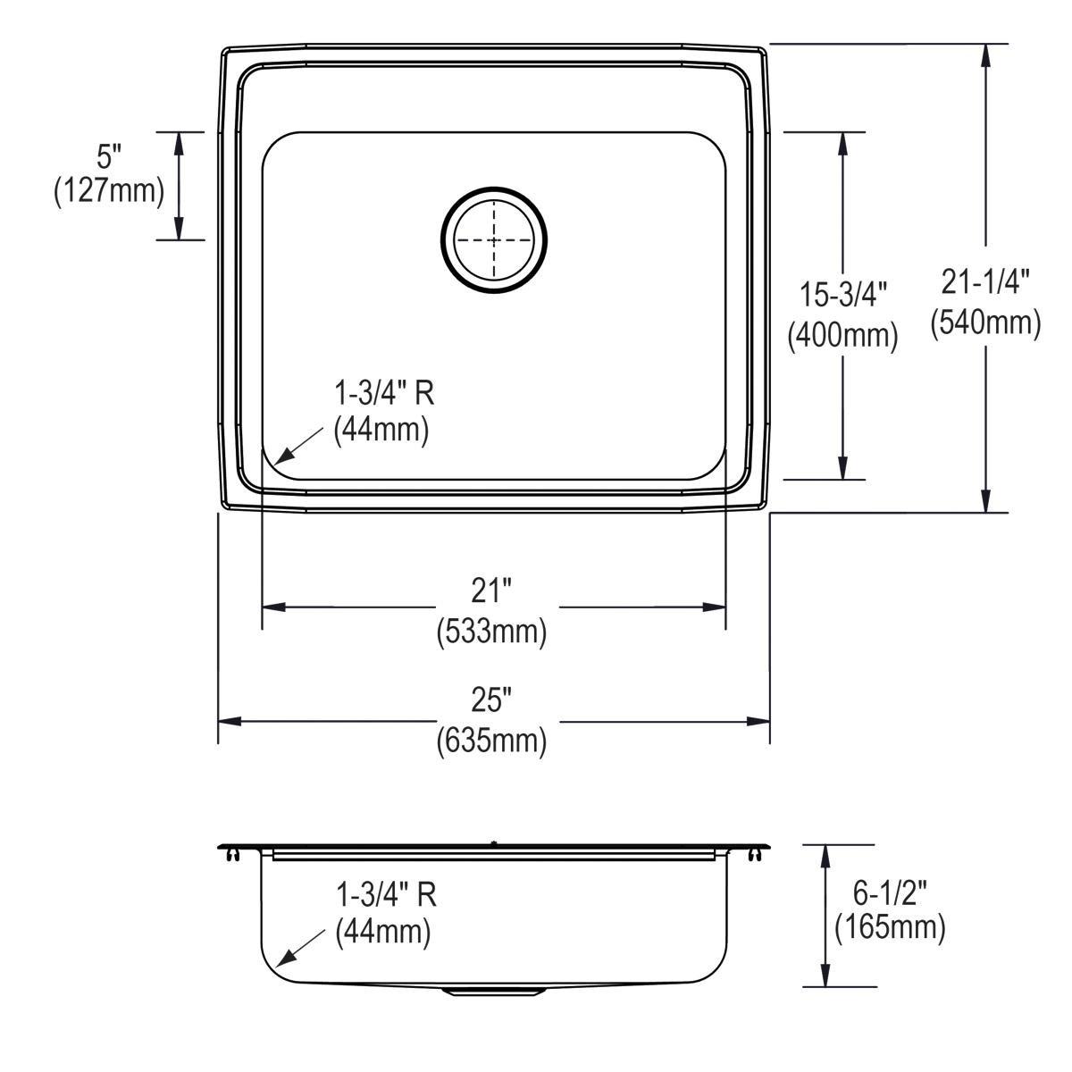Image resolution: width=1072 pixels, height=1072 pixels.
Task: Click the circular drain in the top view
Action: pyautogui.click(x=494, y=240)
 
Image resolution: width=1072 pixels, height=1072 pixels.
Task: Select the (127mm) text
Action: pyautogui.click(x=109, y=192)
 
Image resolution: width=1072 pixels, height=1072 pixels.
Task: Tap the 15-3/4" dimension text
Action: pyautogui.click(x=842, y=294)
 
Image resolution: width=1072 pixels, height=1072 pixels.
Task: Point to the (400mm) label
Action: pyautogui.click(x=842, y=335)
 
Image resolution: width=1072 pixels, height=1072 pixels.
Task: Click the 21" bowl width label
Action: pyautogui.click(x=491, y=590)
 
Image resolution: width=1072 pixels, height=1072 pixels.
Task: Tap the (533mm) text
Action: pyautogui.click(x=491, y=632)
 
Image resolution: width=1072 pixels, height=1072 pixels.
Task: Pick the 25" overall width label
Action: pyautogui.click(x=491, y=699)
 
